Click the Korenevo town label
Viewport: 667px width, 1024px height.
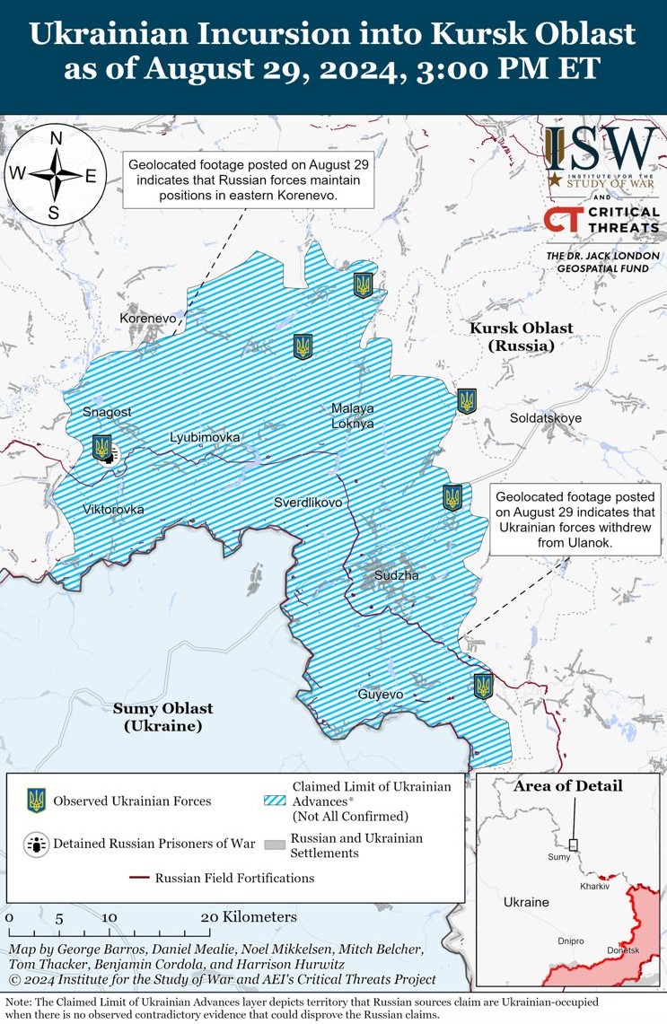coord(148,319)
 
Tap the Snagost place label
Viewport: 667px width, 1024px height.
coord(107,412)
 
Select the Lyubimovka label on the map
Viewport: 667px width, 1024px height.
coord(206,437)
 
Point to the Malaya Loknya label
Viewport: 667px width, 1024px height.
coord(352,416)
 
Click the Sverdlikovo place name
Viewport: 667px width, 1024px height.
coord(308,503)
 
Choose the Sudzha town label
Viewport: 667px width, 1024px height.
coord(396,575)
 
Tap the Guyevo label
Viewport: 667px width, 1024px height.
coord(381,695)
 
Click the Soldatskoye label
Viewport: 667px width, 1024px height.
coord(546,418)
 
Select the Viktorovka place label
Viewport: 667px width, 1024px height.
coord(113,510)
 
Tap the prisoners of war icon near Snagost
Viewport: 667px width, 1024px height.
coord(110,457)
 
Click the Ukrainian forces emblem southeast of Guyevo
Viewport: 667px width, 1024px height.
coord(484,687)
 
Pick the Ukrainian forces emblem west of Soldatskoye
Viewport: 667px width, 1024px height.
coord(466,401)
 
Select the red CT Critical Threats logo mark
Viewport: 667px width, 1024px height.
coord(562,219)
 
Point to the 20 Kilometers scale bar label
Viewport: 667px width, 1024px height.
coord(248,917)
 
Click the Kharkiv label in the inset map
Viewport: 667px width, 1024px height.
coord(594,886)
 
